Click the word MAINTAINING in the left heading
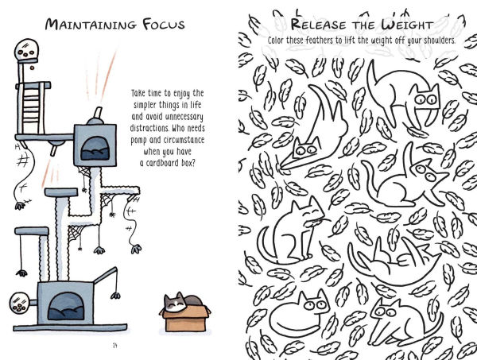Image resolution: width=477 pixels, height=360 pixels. tap(89, 23)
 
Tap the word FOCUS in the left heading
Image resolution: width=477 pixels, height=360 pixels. tap(160, 23)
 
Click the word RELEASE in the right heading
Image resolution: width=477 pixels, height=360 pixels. tap(299, 25)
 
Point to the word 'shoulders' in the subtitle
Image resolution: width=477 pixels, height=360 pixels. tap(432, 41)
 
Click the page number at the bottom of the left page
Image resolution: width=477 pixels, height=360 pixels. tap(116, 344)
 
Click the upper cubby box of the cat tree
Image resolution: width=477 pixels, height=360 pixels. tap(94, 144)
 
